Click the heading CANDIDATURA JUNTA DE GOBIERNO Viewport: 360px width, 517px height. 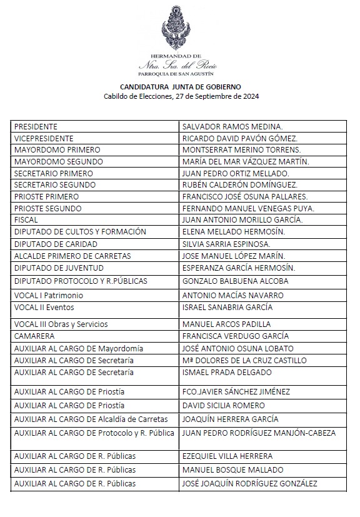pyautogui.click(x=181, y=86)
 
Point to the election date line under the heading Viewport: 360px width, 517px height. pyautogui.click(x=181, y=96)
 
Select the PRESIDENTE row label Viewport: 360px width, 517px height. pyautogui.click(x=36, y=126)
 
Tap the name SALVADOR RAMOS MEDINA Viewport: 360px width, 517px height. pyautogui.click(x=232, y=126)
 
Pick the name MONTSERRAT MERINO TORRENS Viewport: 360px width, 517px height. pyautogui.click(x=241, y=149)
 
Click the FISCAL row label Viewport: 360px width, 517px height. pyautogui.click(x=26, y=219)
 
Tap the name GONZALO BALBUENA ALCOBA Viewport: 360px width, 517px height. pyautogui.click(x=235, y=281)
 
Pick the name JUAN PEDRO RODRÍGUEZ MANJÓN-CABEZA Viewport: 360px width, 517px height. pyautogui.click(x=259, y=433)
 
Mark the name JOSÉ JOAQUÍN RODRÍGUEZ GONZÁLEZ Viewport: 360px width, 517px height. pyautogui.click(x=249, y=484)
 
